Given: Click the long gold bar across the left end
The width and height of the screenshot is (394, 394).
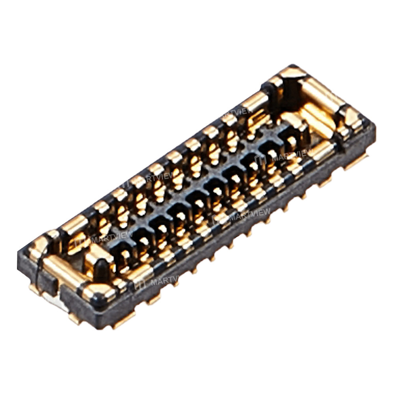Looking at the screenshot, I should click(63, 272).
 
